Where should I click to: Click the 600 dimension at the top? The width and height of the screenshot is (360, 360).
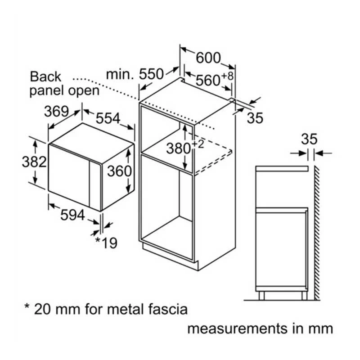(x=208, y=58)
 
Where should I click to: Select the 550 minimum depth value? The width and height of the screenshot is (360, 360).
(x=151, y=74)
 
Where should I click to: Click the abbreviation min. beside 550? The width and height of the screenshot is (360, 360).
(x=120, y=74)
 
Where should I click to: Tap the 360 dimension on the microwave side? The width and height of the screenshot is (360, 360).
(x=119, y=171)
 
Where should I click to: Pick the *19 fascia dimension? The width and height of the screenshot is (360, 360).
(x=106, y=243)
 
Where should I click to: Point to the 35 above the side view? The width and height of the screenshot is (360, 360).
(x=309, y=139)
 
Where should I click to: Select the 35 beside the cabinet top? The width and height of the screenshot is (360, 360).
(x=255, y=118)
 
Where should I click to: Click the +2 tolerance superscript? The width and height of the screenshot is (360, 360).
(x=198, y=144)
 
